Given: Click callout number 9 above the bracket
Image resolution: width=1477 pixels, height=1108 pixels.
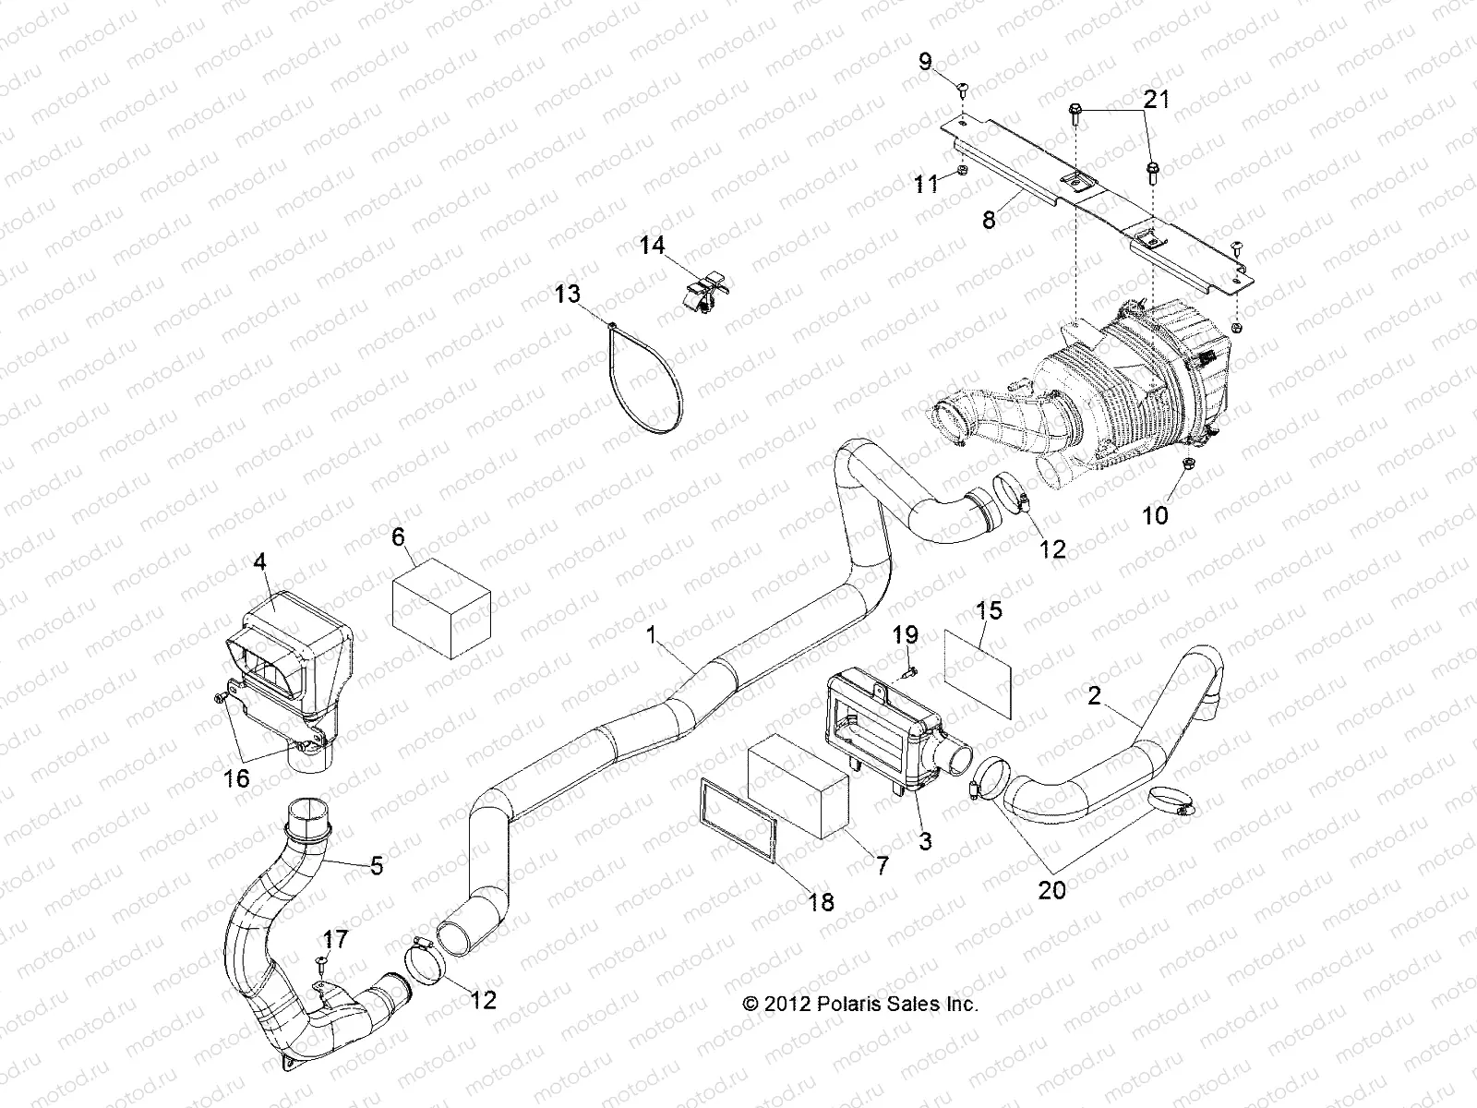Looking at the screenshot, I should click(925, 63).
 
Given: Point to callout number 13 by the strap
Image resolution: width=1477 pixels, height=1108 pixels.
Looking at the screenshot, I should click(568, 295).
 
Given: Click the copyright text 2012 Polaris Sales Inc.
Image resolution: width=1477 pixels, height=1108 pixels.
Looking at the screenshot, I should click(860, 1004).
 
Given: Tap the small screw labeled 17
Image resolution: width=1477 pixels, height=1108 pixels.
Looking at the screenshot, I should click(319, 963).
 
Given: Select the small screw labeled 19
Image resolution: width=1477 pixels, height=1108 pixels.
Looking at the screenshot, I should click(910, 670).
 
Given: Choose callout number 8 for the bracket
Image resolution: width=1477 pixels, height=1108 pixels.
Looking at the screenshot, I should click(989, 222).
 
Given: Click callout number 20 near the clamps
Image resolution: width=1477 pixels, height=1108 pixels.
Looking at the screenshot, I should click(1051, 889).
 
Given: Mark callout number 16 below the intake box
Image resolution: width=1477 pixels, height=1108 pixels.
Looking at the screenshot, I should click(237, 778).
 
